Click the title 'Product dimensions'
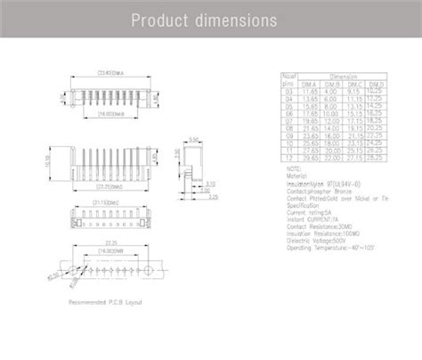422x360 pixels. tap(210, 20)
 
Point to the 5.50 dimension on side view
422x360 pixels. tap(194, 140)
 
